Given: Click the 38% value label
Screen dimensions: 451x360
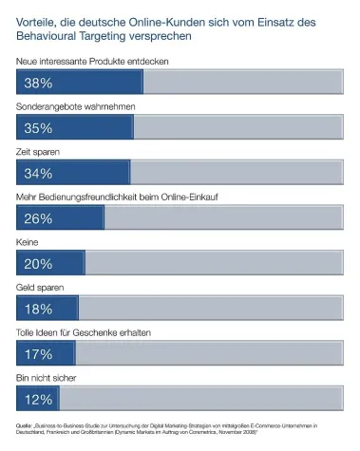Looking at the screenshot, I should tap(38, 83).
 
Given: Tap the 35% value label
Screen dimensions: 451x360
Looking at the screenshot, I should tap(38, 127).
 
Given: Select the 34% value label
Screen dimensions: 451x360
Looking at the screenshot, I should tap(38, 173).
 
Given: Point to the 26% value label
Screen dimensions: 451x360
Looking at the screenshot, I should tap(38, 218).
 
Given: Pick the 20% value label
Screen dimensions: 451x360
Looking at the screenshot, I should tap(38, 263).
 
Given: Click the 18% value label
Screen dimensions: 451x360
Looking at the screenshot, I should tap(38, 309).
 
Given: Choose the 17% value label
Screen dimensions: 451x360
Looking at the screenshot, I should tap(38, 353).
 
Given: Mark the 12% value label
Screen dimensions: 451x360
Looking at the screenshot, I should tap(38, 398).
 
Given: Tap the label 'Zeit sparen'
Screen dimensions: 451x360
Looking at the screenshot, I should tap(40, 152).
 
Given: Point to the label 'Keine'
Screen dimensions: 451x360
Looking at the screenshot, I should tap(28, 242).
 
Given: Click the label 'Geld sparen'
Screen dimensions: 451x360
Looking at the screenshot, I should tap(41, 287).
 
